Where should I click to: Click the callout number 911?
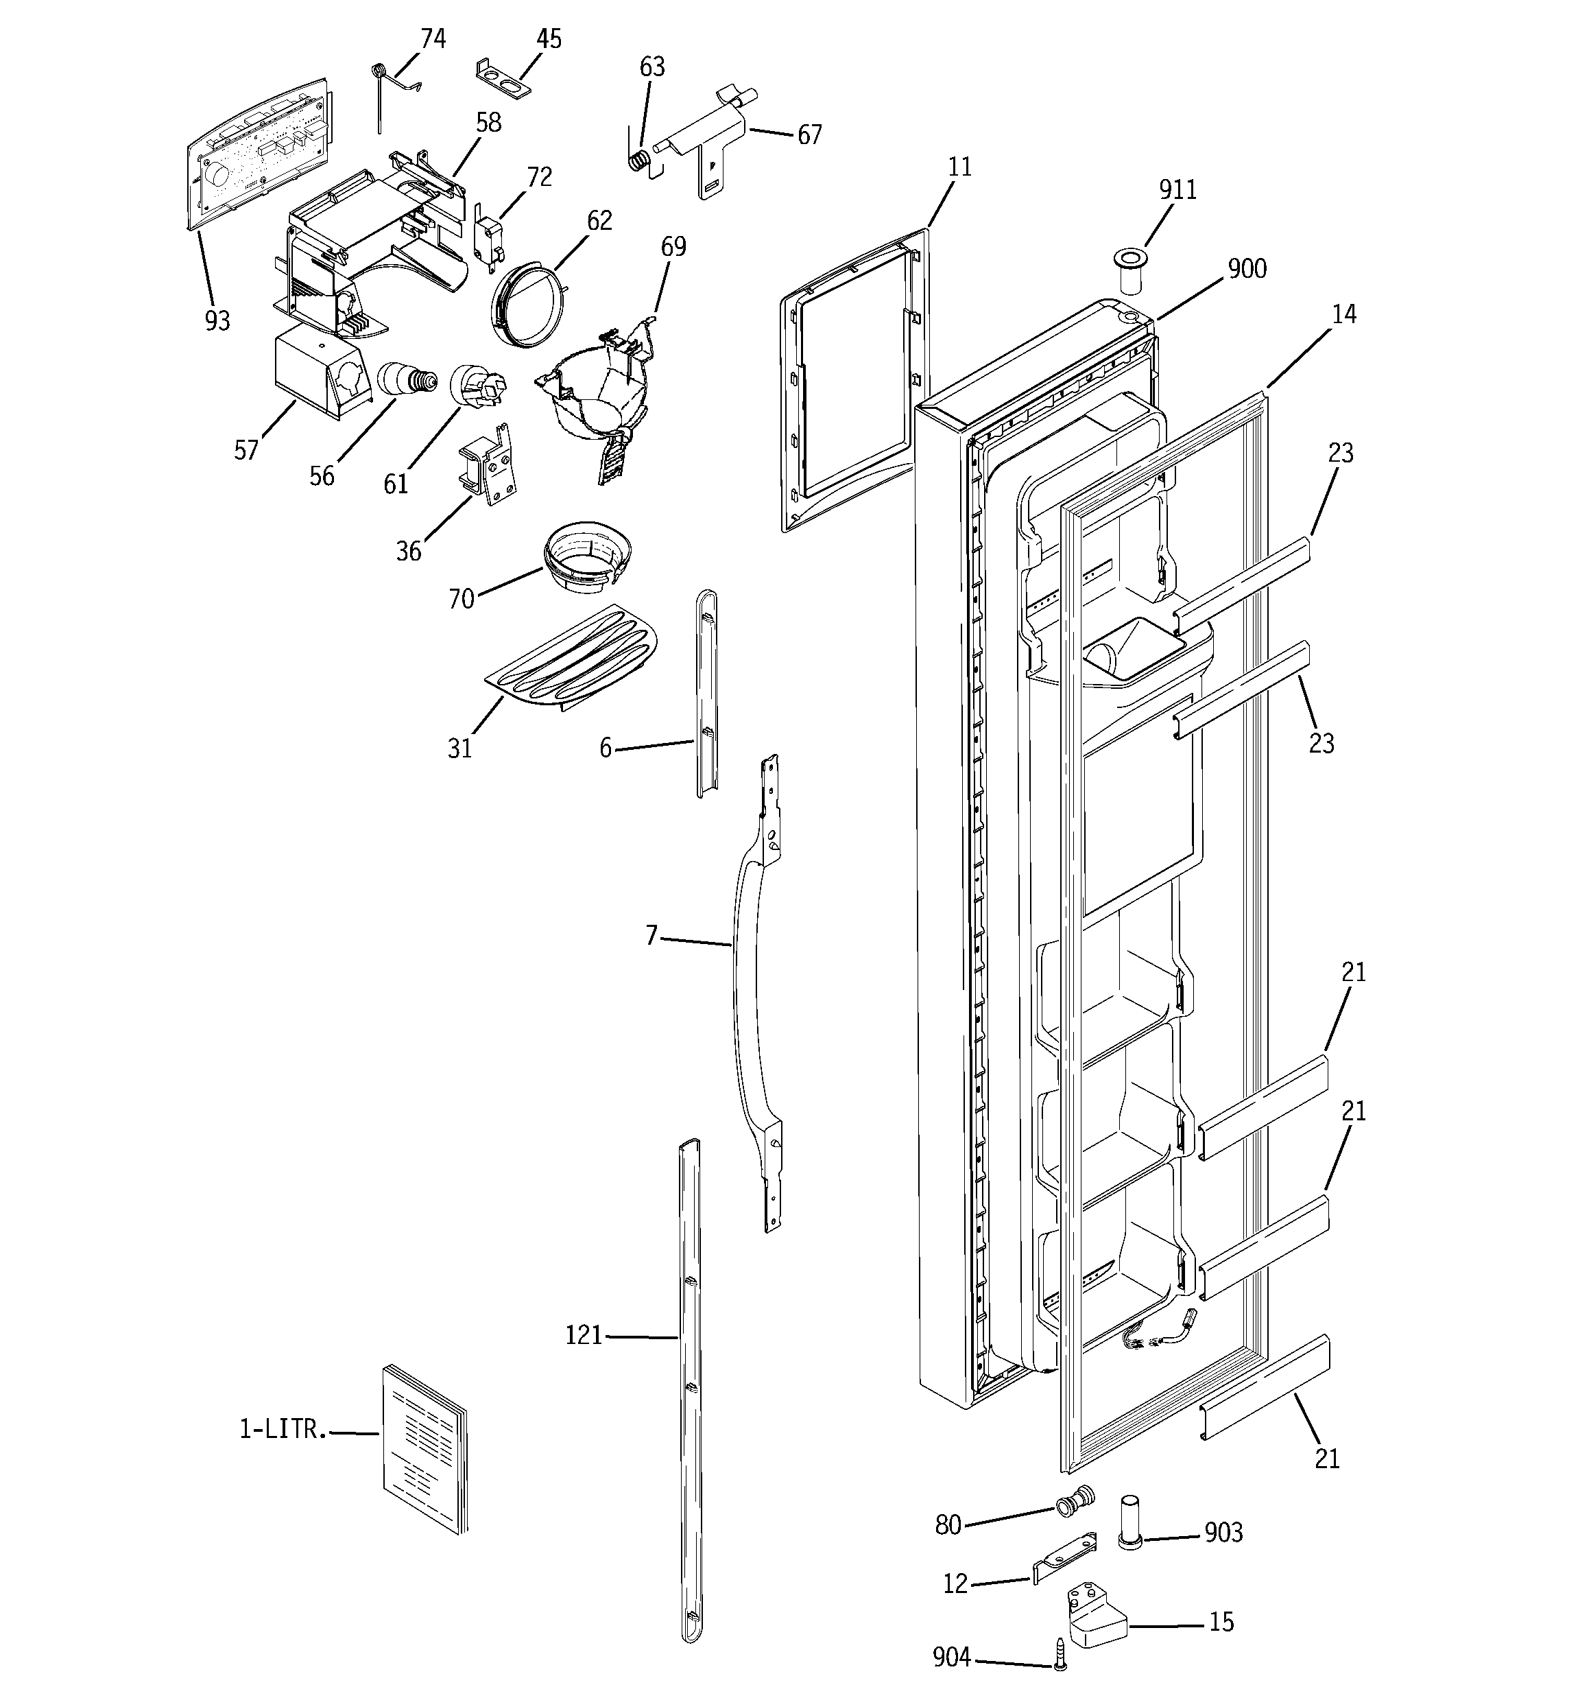click(x=1177, y=189)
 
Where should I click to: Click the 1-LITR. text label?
click(x=283, y=1429)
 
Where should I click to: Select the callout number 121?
click(x=584, y=1335)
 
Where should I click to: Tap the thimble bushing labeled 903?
click(x=1131, y=1522)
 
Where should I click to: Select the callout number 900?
click(x=1247, y=269)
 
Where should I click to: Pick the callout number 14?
click(x=1343, y=314)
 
